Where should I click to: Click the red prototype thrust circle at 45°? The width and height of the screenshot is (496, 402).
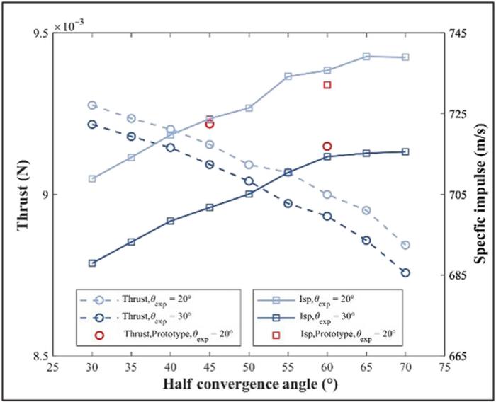click(x=209, y=124)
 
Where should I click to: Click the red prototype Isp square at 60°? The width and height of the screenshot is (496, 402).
click(x=327, y=85)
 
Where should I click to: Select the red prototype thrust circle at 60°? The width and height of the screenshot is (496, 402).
click(x=327, y=147)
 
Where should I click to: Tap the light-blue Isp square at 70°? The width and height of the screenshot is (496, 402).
click(x=405, y=57)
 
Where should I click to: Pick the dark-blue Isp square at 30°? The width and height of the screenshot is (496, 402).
click(x=92, y=263)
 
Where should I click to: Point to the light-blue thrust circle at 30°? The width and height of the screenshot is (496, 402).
click(x=92, y=105)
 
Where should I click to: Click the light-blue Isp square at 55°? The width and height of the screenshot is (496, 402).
click(x=288, y=76)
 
